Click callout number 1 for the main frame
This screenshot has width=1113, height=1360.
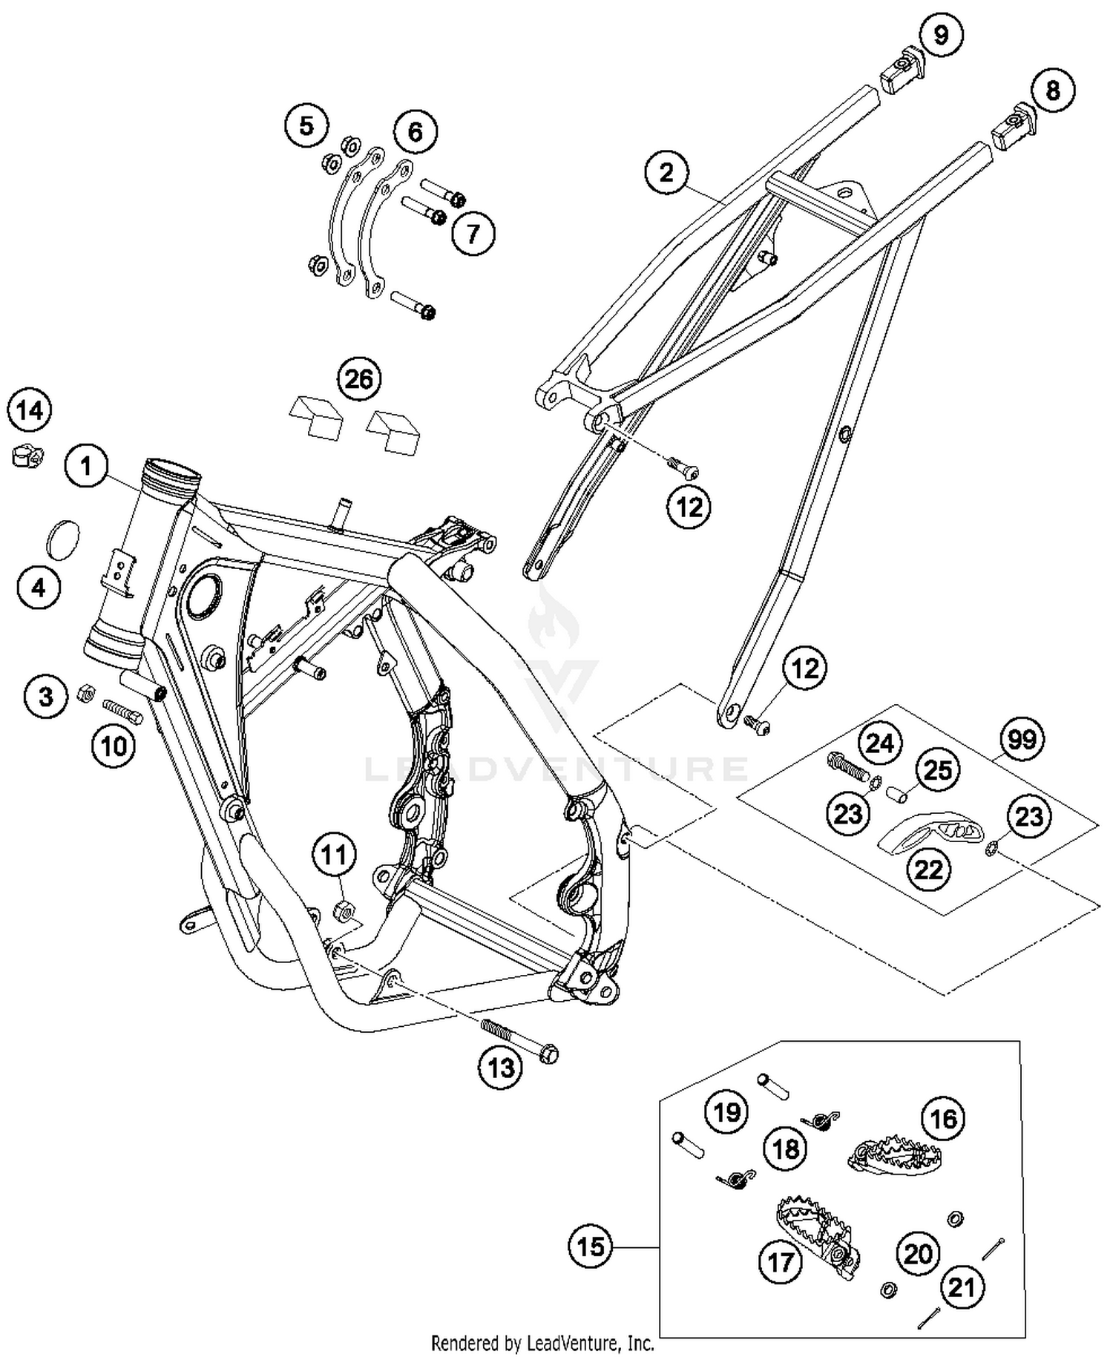[86, 466]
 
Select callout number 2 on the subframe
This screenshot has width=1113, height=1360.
[666, 172]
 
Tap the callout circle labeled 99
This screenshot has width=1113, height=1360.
[1022, 740]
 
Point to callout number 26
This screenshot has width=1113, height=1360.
[358, 379]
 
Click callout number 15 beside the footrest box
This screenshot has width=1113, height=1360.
[591, 1246]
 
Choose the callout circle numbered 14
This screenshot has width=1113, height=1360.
[30, 410]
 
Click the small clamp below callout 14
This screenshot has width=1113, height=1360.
[27, 455]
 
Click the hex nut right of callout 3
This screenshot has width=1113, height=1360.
[85, 694]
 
